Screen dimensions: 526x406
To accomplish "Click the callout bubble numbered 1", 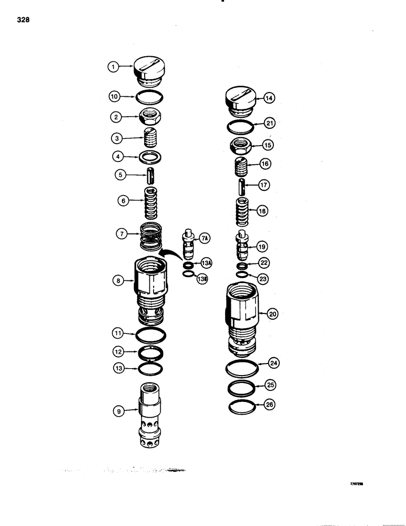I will point(113,67).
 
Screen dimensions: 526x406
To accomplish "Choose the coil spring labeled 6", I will point(151,201).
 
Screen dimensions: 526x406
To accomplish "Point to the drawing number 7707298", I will point(358,487).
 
